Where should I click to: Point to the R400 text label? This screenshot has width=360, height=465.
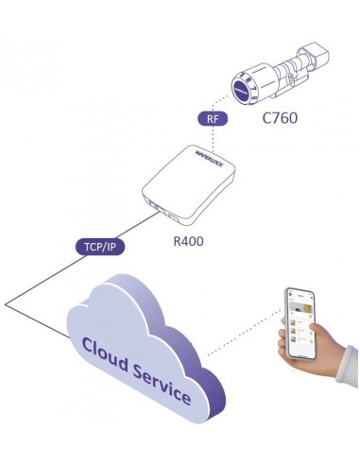pos(189,241)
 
